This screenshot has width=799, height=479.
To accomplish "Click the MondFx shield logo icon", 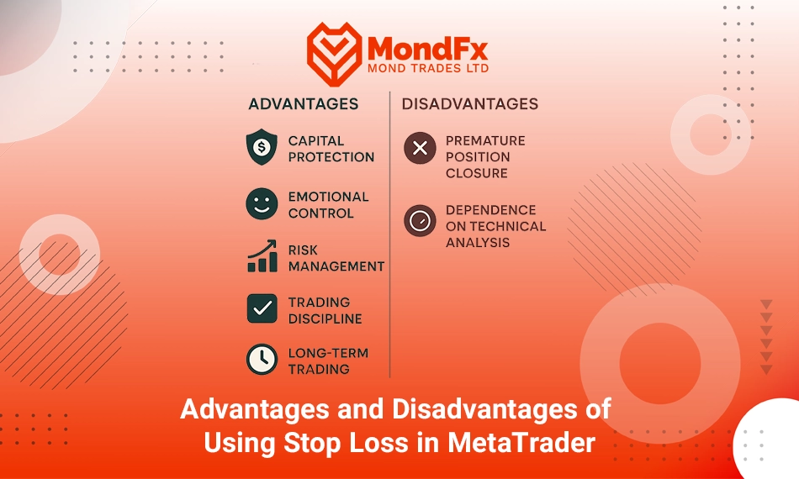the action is [x=334, y=54].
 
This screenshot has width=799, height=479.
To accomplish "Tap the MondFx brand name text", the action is [x=427, y=50].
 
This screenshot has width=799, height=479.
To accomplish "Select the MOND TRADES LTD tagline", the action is [x=428, y=68].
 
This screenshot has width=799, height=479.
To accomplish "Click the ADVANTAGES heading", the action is [x=303, y=104].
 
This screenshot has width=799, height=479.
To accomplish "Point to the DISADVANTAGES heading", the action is [x=470, y=104].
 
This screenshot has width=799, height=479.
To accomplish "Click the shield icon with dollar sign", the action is [x=262, y=147].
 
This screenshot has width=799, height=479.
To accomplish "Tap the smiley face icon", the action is [x=262, y=203].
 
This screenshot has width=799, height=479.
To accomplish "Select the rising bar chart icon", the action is [x=262, y=256].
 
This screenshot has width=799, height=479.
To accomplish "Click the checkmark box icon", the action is [x=262, y=308].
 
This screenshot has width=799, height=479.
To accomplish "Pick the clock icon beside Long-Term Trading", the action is [x=262, y=360].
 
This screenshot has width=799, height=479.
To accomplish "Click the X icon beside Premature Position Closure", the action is [x=420, y=148].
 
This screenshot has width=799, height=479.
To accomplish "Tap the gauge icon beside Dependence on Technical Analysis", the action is [x=420, y=221].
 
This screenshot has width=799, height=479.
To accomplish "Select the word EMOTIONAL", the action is [x=328, y=197].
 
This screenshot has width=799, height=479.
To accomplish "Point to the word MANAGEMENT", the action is [x=336, y=266].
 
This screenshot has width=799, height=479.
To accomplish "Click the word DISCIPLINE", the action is [x=325, y=318].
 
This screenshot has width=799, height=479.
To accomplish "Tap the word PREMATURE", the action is [x=485, y=141].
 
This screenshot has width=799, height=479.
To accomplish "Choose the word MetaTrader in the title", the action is [x=521, y=442].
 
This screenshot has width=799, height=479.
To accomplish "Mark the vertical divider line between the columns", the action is [x=389, y=234].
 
